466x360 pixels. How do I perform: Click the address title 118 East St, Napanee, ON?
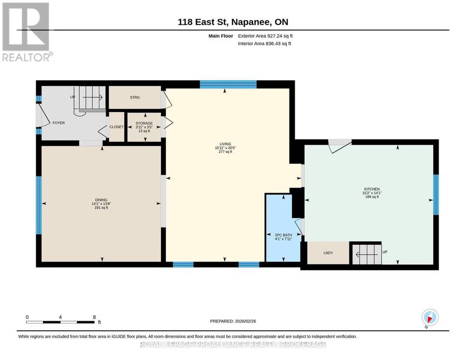232,22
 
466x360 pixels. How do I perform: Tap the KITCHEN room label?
372,189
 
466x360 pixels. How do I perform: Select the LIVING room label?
225,144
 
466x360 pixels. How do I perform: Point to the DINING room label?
101,200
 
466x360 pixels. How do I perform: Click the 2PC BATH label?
283,235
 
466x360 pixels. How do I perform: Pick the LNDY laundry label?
328,253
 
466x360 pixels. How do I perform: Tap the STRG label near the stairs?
135,97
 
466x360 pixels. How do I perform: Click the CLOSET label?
116,126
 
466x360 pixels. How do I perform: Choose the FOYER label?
59,123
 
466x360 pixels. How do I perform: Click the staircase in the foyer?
92,98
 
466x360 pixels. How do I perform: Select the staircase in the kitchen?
367,254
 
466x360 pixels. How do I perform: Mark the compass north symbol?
429,318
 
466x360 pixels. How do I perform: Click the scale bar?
61,322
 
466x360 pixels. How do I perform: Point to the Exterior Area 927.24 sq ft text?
265,36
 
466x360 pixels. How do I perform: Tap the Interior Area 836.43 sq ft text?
265,44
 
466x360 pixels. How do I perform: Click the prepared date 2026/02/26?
245,321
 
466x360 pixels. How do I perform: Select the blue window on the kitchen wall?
435,195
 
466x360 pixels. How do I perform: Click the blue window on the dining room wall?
39,205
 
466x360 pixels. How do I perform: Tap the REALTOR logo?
27,32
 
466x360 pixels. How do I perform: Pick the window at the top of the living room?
228,84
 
